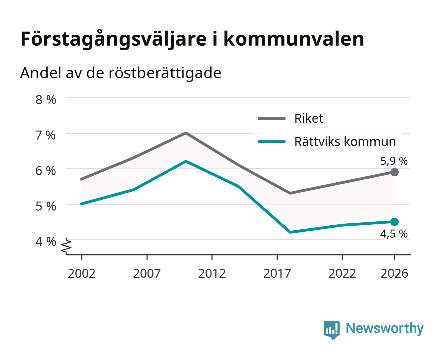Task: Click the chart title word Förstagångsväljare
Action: click(x=114, y=39)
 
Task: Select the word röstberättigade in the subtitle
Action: click(x=165, y=73)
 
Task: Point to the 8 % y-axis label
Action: click(x=46, y=100)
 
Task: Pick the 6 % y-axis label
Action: click(x=46, y=171)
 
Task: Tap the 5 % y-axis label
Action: click(x=46, y=206)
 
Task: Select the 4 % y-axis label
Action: click(x=46, y=242)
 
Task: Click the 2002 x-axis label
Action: click(x=82, y=273)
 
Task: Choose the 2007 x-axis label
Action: click(x=147, y=273)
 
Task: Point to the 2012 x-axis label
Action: click(x=212, y=273)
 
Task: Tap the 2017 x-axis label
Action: click(x=277, y=273)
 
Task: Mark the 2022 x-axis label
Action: click(x=342, y=273)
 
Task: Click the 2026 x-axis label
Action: click(x=394, y=273)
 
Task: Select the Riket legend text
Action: click(x=309, y=118)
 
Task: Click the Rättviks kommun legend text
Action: click(x=345, y=142)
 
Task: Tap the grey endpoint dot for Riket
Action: click(x=394, y=172)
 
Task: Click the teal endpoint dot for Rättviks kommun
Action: click(x=394, y=222)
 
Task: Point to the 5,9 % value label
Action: click(x=394, y=161)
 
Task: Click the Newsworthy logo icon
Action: click(x=331, y=330)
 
